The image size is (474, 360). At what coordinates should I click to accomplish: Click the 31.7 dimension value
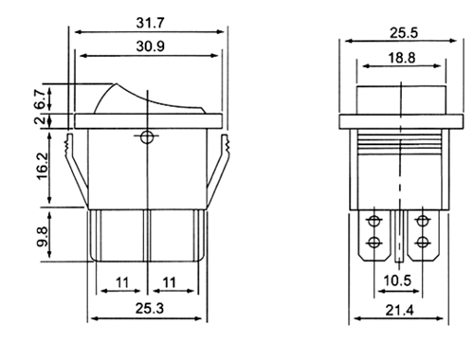pos(151,23)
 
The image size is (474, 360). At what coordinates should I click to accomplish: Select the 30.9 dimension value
pos(151,46)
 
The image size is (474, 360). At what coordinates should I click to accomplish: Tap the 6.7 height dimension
pos(41,99)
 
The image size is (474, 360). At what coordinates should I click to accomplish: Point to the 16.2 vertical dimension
pos(43,167)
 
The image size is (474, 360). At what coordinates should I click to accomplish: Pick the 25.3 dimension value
pos(150,308)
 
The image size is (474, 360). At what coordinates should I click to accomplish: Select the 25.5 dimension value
pos(404,33)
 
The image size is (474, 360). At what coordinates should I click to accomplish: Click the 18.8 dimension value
pos(402,58)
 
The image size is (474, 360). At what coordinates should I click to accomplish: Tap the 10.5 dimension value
pos(397,280)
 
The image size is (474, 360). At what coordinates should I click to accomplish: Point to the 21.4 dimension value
pos(399,311)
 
